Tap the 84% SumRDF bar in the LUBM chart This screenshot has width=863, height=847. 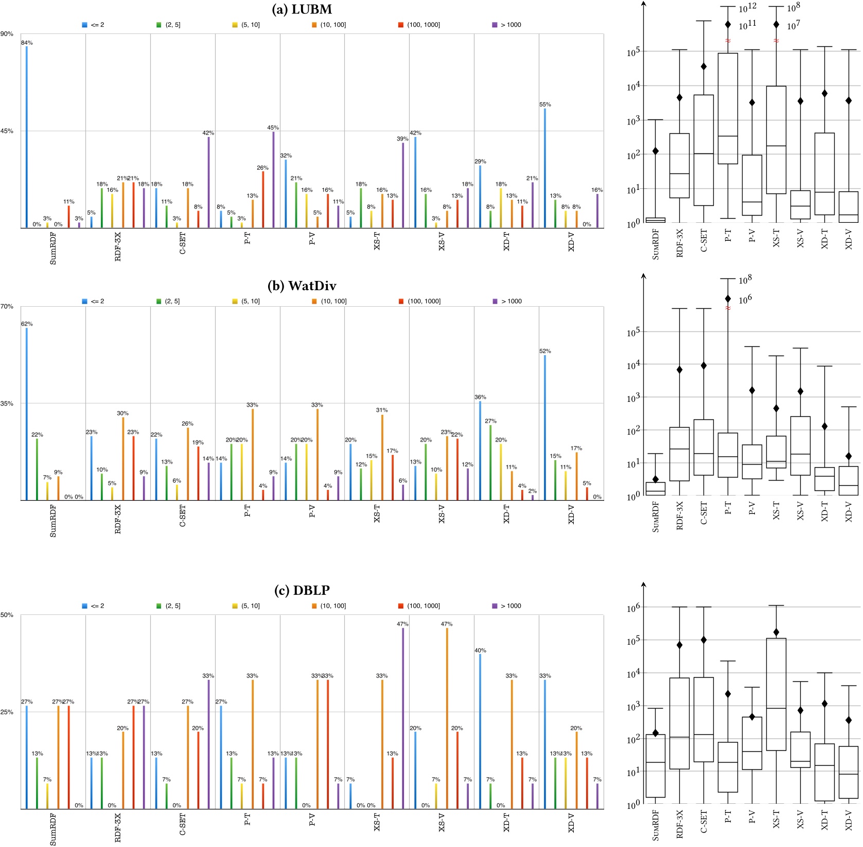(x=27, y=136)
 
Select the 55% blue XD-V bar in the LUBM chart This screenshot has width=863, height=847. (x=545, y=168)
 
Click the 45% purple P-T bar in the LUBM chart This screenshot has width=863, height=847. (x=273, y=180)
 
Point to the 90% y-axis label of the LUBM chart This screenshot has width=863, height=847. (x=7, y=34)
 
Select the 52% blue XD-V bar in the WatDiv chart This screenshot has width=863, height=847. (x=545, y=427)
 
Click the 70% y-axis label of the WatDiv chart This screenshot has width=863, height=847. (x=7, y=307)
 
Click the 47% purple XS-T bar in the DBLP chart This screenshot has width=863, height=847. (x=403, y=718)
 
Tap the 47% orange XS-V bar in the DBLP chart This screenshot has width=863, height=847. (x=447, y=718)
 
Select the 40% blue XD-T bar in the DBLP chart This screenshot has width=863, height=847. (x=480, y=731)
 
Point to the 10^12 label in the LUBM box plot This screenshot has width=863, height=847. (x=747, y=8)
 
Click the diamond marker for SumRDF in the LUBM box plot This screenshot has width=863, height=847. (x=656, y=151)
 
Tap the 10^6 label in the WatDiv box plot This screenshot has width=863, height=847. (x=745, y=299)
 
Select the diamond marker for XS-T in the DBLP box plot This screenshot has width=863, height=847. (x=776, y=632)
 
